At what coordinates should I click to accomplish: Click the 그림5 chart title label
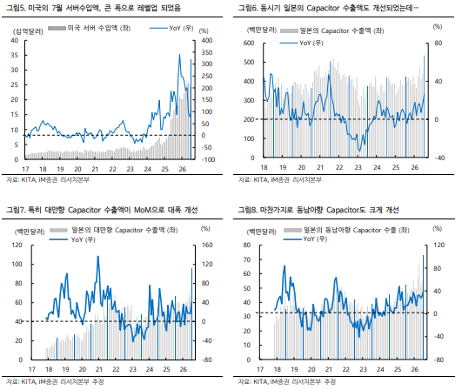(93, 8)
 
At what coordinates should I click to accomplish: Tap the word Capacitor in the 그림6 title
(323, 8)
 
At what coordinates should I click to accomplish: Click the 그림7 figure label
(16, 210)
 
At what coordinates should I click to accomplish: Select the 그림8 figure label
(248, 210)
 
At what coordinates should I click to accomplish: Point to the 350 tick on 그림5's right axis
(206, 52)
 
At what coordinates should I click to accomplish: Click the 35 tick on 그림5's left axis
(14, 55)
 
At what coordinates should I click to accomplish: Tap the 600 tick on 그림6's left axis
(249, 43)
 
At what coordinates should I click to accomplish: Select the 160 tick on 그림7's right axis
(207, 245)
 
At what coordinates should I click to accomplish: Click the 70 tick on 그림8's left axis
(246, 259)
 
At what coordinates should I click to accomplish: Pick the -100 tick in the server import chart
(208, 159)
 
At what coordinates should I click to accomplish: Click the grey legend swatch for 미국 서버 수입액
(57, 29)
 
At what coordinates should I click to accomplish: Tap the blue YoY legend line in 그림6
(288, 43)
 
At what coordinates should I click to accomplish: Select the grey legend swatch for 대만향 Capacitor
(58, 230)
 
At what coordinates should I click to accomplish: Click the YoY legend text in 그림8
(315, 239)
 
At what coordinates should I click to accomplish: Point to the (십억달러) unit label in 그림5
(28, 31)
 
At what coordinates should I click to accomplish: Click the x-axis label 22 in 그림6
(339, 167)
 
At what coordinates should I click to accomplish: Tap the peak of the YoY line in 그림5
(179, 55)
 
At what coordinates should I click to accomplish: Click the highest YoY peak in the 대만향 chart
(98, 256)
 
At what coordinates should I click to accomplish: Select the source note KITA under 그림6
(261, 179)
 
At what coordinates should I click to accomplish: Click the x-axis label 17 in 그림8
(260, 369)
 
